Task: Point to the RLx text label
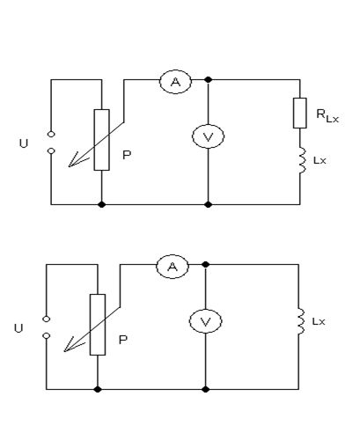327,115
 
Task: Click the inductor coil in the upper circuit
303,161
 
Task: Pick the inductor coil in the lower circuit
301,321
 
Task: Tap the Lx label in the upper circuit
320,160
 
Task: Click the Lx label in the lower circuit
319,321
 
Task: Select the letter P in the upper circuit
127,155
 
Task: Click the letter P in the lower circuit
123,340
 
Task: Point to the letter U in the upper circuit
24,143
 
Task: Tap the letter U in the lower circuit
18,328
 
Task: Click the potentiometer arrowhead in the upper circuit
70,166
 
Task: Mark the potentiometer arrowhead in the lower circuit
65,351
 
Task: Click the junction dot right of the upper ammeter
208,79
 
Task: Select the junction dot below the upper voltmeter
208,204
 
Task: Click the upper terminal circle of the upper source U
51,135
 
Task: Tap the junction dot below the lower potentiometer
98,389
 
